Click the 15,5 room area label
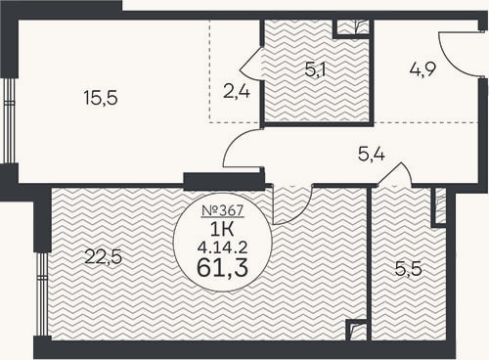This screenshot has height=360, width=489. tap(101, 98)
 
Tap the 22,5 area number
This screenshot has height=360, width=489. tap(103, 256)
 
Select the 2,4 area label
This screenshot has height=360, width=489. tap(237, 91)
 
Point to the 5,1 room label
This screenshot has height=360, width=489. tap(316, 69)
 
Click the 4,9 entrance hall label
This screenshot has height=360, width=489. tap(422, 69)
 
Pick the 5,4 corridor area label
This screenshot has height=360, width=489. tap(372, 154)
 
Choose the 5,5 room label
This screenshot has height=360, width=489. tap(409, 269)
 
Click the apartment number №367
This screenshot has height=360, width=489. tap(223, 210)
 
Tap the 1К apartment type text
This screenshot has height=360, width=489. tap(223, 230)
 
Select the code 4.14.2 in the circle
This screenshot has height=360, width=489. tap(223, 248)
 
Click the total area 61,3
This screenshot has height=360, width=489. tap(223, 268)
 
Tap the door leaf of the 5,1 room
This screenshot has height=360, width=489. tap(250, 59)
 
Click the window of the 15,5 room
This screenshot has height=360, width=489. tap(9, 120)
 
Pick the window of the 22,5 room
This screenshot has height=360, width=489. tap(42, 294)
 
